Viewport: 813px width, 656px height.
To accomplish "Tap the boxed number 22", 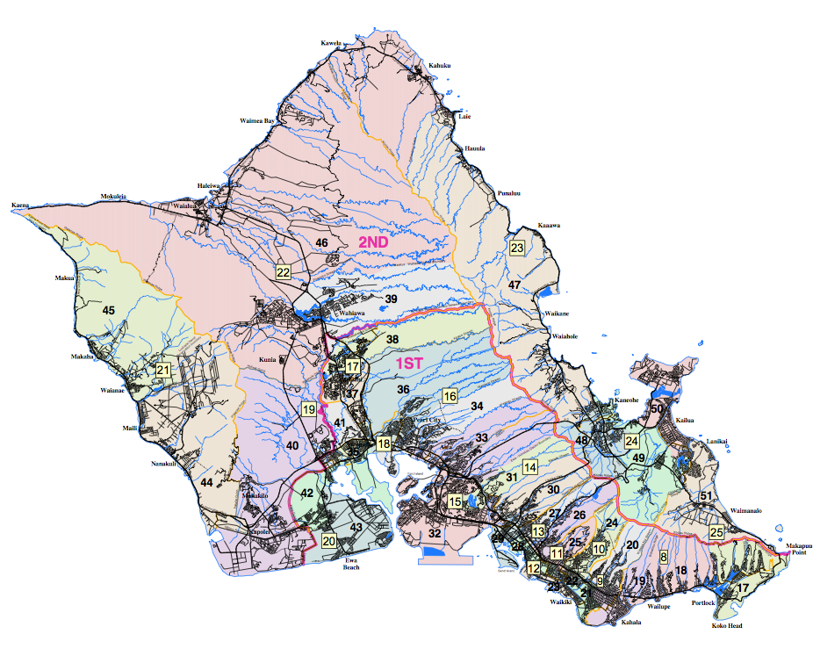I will point(283,272).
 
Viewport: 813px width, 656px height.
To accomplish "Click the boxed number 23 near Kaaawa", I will point(517,249).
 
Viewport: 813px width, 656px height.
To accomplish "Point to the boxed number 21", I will point(162,371).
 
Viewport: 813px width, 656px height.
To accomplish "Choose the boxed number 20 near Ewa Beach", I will point(329,541).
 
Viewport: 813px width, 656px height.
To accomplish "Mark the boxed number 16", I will point(450,396).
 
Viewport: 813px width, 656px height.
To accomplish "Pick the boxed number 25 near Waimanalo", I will point(716,532).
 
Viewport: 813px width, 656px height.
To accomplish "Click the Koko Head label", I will point(727,626).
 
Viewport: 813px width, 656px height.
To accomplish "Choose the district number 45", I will point(109,310).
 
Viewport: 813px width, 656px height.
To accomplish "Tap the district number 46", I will point(321,242).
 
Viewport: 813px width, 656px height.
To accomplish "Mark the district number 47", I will point(514,285).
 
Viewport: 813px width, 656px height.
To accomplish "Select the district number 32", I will point(435,533).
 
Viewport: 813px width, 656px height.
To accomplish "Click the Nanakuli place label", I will point(167,464).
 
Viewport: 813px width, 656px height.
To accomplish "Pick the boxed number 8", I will point(664,557).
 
